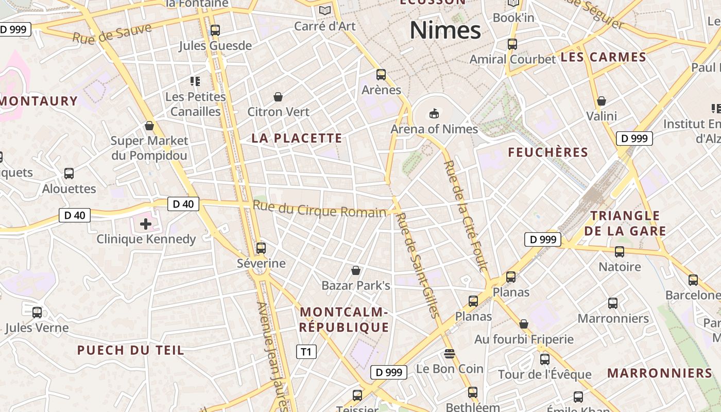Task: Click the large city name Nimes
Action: point(445,30)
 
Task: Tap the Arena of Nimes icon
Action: point(434,113)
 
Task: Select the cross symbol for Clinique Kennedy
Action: point(146,224)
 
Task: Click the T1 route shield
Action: point(306,352)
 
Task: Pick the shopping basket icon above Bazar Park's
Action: point(355,270)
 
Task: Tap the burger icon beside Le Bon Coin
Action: point(450,354)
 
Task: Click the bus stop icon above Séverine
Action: point(261,248)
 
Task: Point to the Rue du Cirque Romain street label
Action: point(319,209)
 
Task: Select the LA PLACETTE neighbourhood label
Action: point(297,138)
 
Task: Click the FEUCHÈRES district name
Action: point(548,152)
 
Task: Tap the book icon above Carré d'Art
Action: point(325,10)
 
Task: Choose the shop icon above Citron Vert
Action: point(278,96)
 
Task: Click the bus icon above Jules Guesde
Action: point(215,30)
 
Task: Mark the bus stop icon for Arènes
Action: point(381,75)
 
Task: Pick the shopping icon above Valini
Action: point(601,101)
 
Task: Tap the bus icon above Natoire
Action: point(620,252)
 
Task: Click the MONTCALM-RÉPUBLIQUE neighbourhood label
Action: point(344,319)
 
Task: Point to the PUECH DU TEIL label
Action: point(130,351)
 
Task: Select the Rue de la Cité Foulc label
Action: point(466,216)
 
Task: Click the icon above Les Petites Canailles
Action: point(195,81)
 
